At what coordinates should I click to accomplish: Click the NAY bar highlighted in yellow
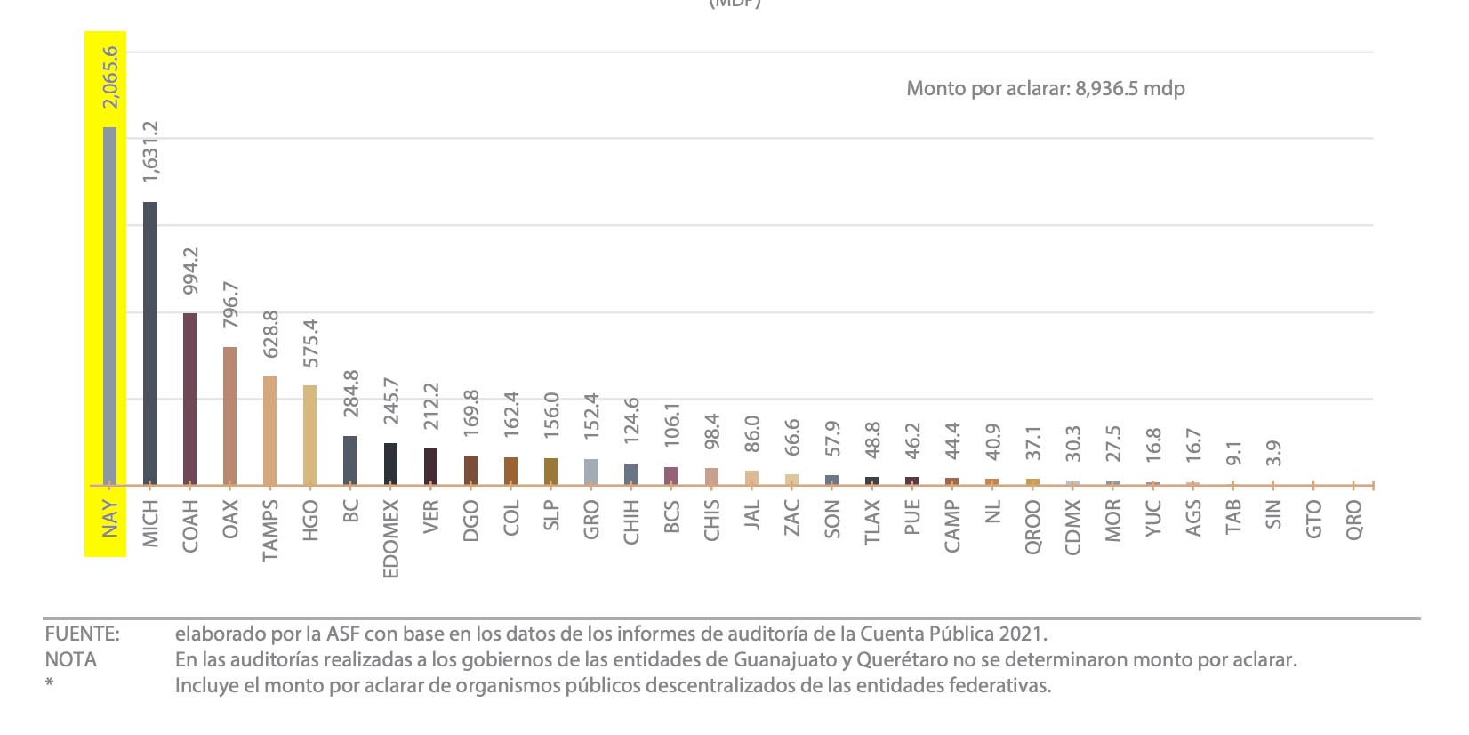click(x=109, y=306)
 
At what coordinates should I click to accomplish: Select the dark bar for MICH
click(x=149, y=343)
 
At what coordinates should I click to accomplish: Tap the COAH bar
click(x=189, y=399)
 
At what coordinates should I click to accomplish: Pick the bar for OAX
click(x=229, y=416)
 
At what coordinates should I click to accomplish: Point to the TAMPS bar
click(x=269, y=431)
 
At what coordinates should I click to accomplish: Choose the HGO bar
click(x=309, y=435)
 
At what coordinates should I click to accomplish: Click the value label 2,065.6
click(x=110, y=78)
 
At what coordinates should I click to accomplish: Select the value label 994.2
click(x=190, y=271)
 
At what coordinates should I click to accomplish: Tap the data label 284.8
click(x=350, y=394)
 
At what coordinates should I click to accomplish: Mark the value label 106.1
click(x=671, y=425)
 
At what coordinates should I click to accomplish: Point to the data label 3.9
click(x=1273, y=453)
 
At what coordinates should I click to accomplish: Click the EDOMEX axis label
click(x=390, y=539)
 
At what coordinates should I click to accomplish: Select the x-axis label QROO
click(x=1032, y=528)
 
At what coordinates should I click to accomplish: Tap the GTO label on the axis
click(x=1313, y=519)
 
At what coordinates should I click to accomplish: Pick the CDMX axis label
click(x=1072, y=528)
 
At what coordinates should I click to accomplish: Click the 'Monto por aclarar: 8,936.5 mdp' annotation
click(x=1045, y=88)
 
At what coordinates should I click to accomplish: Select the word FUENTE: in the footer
click(x=82, y=634)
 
